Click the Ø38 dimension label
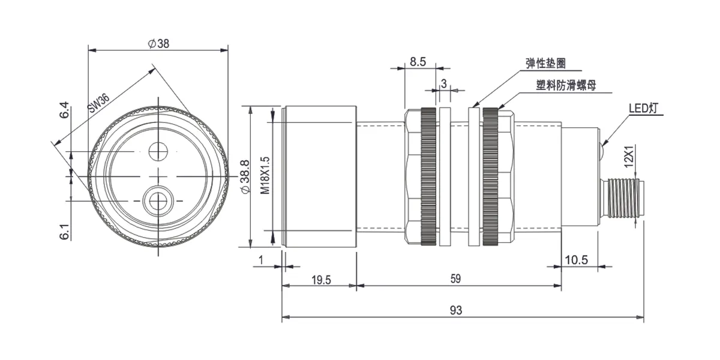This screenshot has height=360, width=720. pos(158,44)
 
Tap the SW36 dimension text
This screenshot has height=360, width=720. pos(99,103)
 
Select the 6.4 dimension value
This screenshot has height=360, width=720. pos(64,110)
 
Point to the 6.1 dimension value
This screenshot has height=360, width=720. pos(64,232)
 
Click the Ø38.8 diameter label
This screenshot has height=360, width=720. pos(245,176)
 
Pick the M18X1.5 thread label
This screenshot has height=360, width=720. pos(265,175)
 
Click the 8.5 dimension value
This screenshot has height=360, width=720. pos(418,62)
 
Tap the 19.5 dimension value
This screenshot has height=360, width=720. pos(321,280)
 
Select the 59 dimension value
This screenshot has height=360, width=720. pos(455,278)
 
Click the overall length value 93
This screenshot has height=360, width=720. pos(456,310)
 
